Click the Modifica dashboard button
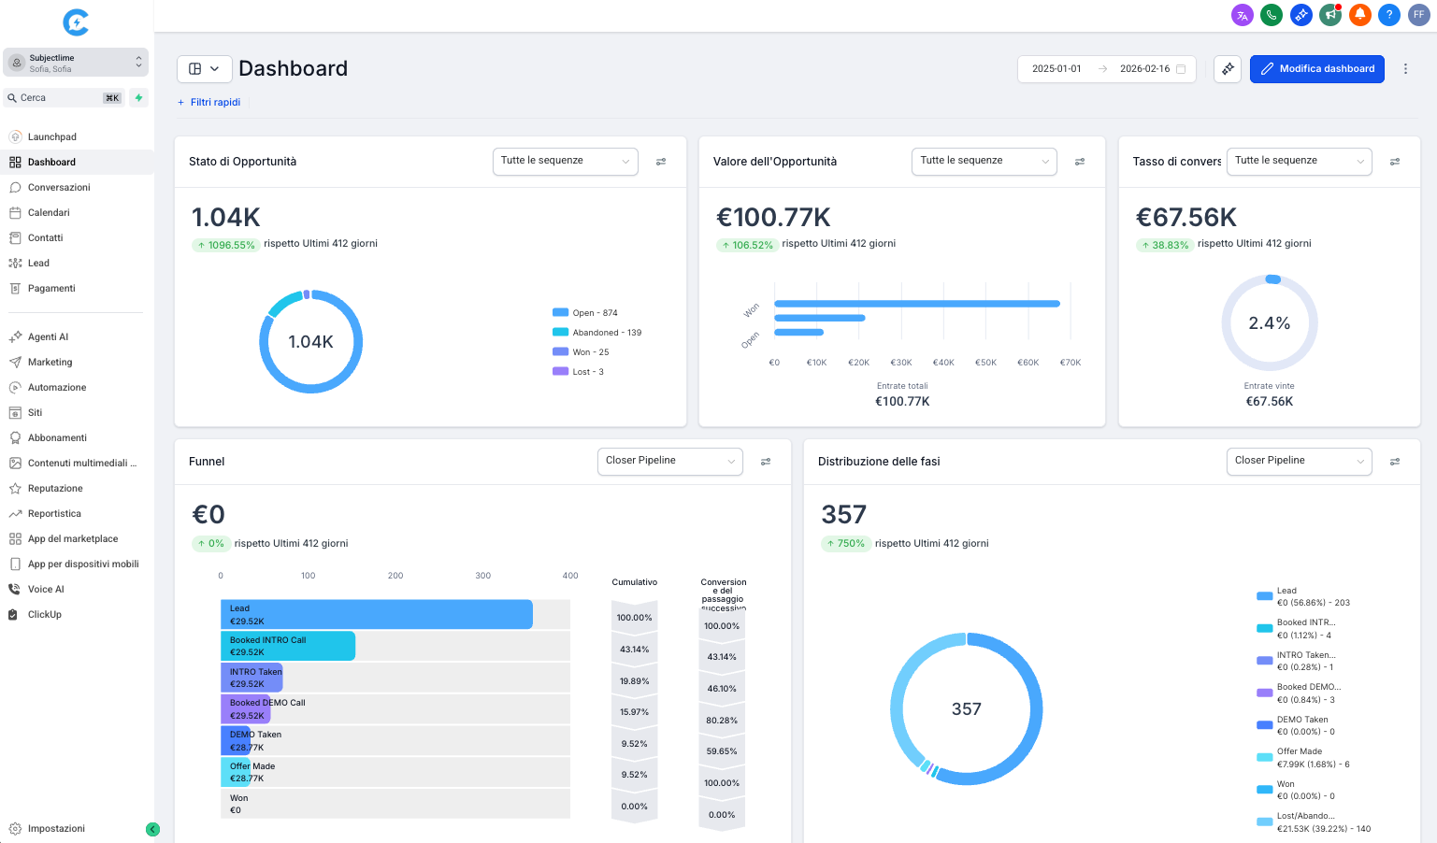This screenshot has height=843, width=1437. click(x=1316, y=69)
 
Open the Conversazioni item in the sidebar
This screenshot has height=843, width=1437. click(x=58, y=188)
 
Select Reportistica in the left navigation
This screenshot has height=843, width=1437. click(x=54, y=514)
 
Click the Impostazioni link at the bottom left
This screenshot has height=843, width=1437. click(x=56, y=829)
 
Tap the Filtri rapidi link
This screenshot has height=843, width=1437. click(x=215, y=103)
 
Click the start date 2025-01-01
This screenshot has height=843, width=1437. click(x=1056, y=69)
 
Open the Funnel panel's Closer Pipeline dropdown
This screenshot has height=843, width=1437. click(x=669, y=461)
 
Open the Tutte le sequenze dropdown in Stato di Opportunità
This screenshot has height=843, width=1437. click(x=565, y=161)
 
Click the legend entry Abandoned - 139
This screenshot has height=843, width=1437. click(x=606, y=333)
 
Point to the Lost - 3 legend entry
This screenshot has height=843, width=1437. click(x=587, y=372)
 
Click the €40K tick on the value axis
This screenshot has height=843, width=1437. click(x=943, y=363)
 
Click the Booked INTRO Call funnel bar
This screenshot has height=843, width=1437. click(x=288, y=646)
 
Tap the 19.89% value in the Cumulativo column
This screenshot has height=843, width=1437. click(x=634, y=681)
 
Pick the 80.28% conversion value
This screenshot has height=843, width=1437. click(x=722, y=721)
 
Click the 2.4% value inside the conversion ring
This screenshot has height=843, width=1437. click(x=1269, y=323)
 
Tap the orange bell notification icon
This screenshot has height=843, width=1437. click(x=1360, y=15)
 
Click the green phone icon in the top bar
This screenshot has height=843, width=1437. click(x=1271, y=15)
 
